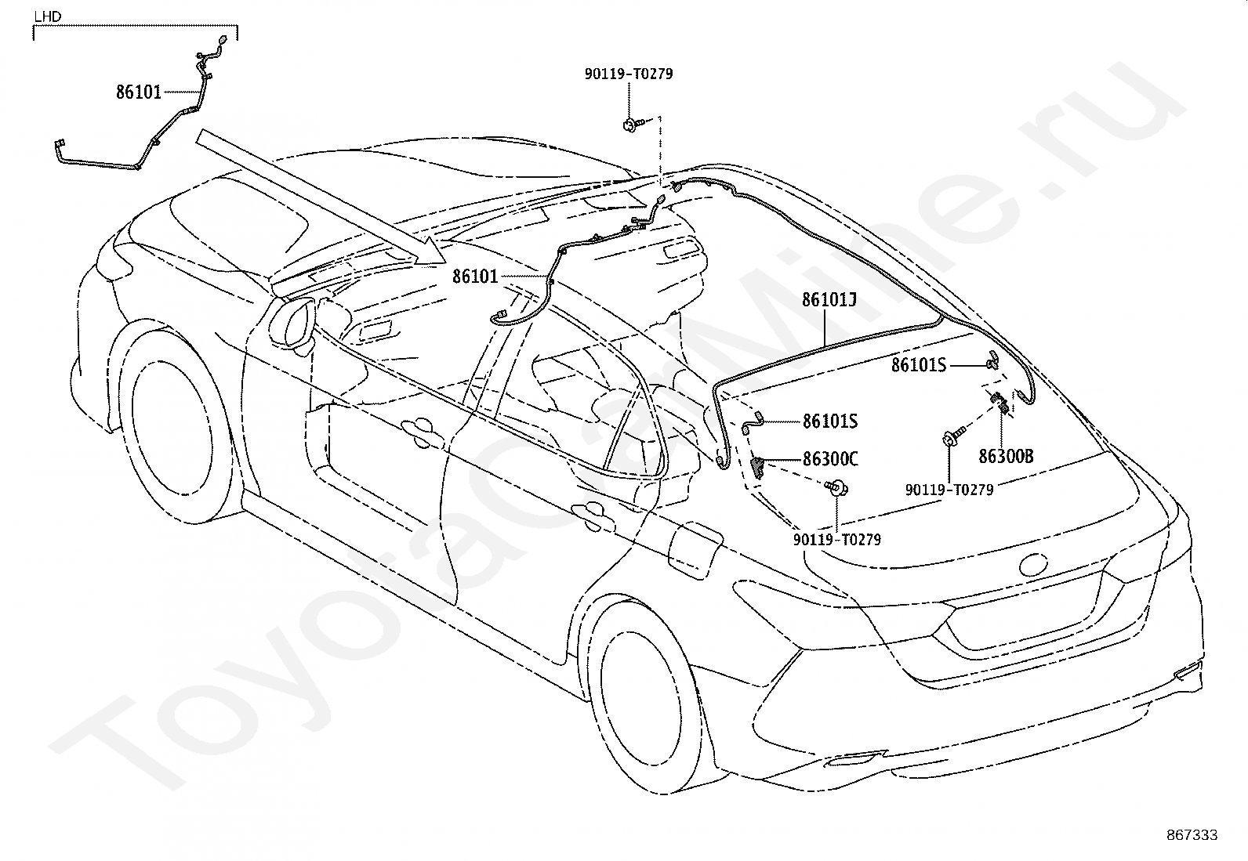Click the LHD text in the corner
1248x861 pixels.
pyautogui.click(x=47, y=16)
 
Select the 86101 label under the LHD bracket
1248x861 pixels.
pyautogui.click(x=139, y=92)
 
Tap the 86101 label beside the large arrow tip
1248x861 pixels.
pyautogui.click(x=475, y=277)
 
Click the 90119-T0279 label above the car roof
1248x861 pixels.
pyautogui.click(x=629, y=74)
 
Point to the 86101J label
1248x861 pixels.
pyautogui.click(x=829, y=300)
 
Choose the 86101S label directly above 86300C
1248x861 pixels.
pyautogui.click(x=829, y=421)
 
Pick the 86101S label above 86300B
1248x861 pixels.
pyautogui.click(x=919, y=365)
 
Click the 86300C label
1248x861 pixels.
pyautogui.click(x=830, y=459)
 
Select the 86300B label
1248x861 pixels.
pyautogui.click(x=1007, y=457)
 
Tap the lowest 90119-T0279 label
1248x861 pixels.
pyautogui.click(x=837, y=540)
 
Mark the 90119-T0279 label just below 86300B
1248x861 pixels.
pyautogui.click(x=949, y=490)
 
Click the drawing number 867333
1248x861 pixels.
pyautogui.click(x=1192, y=835)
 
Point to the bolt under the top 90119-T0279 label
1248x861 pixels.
pyautogui.click(x=633, y=125)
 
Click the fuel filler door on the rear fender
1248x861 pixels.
pyautogui.click(x=695, y=549)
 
